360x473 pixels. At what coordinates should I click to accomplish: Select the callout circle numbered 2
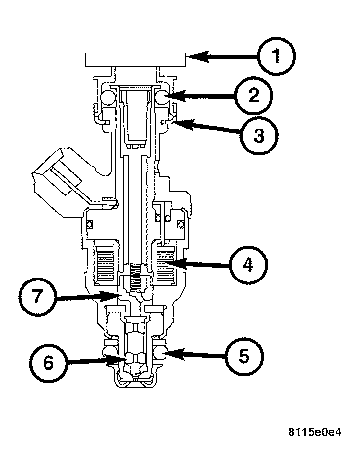[252, 96]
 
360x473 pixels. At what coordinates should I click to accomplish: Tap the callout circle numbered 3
[259, 135]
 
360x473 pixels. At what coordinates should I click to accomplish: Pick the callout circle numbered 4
[248, 265]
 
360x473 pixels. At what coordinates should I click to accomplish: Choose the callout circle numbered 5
[244, 355]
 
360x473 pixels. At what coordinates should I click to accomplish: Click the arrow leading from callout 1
[223, 57]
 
